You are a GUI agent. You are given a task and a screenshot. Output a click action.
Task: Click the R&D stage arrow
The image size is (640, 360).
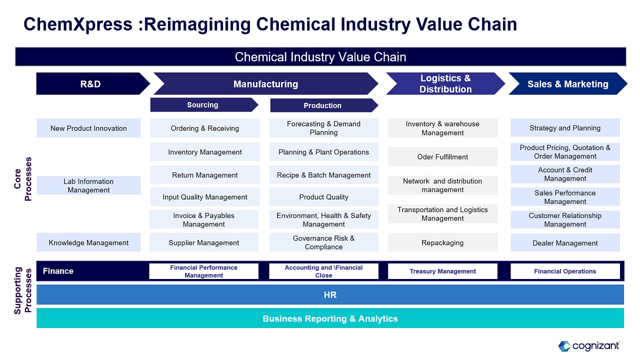tap(90, 84)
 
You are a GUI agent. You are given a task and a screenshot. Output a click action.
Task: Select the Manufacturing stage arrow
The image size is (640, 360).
tap(265, 84)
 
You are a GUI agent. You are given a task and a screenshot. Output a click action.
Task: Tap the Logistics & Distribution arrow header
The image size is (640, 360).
tap(445, 84)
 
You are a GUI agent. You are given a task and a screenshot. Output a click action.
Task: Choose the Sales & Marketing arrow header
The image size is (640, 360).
tap(567, 84)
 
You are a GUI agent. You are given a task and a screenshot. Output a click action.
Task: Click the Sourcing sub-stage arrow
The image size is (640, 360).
tap(203, 105)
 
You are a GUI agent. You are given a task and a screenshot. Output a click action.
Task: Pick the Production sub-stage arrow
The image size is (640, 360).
tap(323, 105)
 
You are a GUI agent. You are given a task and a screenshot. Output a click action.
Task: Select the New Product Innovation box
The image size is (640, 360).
tap(88, 128)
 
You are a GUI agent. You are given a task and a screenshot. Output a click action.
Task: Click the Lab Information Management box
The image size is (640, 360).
tap(88, 185)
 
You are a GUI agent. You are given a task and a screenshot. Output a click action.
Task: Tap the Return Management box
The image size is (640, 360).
tap(205, 175)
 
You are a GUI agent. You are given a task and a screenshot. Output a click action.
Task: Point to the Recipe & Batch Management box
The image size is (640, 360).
tap(324, 175)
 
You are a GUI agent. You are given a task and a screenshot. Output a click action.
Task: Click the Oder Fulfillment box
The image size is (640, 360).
tap(442, 156)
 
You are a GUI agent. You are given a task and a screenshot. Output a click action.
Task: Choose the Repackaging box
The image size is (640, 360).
tap(442, 242)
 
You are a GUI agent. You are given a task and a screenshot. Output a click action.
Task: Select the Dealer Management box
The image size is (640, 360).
tap(565, 243)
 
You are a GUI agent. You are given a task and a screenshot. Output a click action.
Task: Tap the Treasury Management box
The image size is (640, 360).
tap(442, 271)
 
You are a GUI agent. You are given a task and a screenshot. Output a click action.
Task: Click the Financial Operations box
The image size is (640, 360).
tap(565, 271)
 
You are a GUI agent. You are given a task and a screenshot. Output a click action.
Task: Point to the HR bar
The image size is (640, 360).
tap(330, 295)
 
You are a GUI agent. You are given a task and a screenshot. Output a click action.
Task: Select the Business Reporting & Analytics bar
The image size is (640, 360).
tap(330, 318)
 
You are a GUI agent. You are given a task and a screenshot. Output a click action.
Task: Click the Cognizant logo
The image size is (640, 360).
tap(589, 345)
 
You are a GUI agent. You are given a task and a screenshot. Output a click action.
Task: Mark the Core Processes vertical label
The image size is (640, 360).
tap(23, 179)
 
